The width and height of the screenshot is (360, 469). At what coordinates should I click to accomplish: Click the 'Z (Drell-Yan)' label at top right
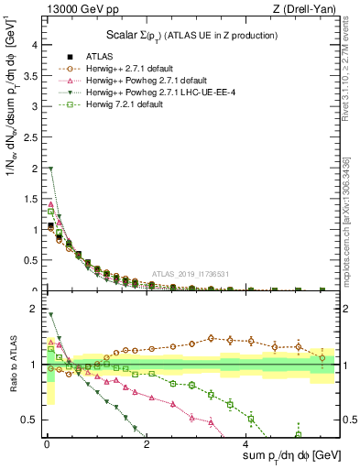[307, 10]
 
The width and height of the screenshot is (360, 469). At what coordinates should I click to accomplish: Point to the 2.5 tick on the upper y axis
[30, 138]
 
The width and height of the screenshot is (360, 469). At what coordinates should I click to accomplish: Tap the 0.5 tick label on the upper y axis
[30, 261]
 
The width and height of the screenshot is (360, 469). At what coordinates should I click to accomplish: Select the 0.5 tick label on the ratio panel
[30, 420]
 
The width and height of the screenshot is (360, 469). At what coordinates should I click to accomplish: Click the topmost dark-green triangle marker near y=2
[50, 169]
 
